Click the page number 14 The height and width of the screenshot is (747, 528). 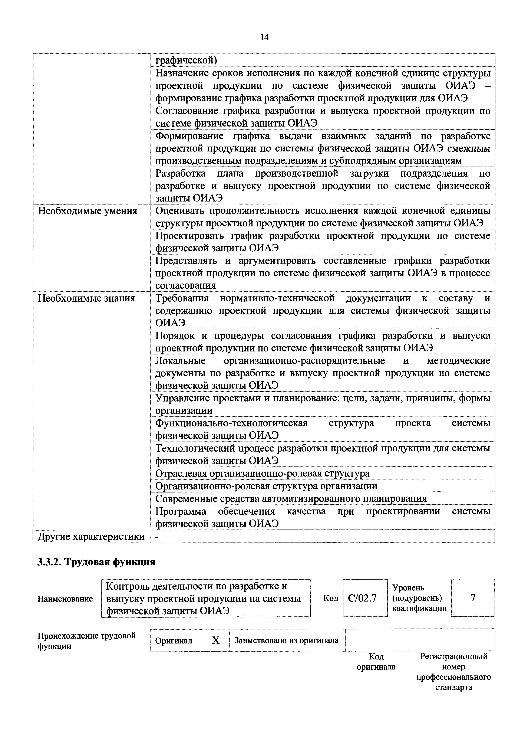pos(264,37)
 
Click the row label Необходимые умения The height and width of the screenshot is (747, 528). pos(88,211)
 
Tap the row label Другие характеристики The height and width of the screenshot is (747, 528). pos(91,537)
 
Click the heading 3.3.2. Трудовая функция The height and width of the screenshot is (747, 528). pos(96,562)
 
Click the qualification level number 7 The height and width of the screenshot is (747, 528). pos(473,598)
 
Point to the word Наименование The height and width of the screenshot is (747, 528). pos(65,599)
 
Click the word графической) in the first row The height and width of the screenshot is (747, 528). pos(186,60)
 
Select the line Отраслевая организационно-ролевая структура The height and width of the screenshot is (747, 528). pos(262,473)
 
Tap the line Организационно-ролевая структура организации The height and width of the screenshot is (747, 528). pos(266,486)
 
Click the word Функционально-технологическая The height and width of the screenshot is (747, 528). pos(231,423)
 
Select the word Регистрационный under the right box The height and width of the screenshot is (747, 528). pos(453,656)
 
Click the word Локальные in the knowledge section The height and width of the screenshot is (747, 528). pos(181,361)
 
